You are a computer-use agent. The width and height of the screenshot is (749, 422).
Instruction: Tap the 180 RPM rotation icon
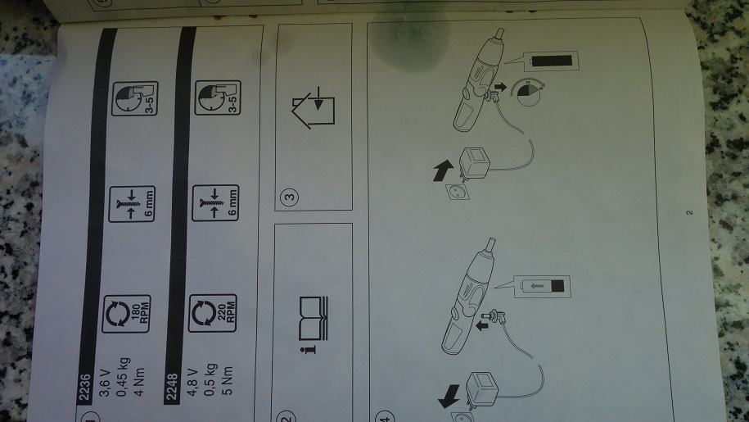[x=126, y=314]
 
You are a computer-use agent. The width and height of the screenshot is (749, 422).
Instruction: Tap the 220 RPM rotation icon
[x=213, y=313]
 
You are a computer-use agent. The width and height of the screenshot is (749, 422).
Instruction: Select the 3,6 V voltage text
[x=105, y=383]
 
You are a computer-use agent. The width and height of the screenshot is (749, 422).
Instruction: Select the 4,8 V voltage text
[x=192, y=383]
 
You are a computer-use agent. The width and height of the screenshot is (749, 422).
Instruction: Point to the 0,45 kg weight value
[x=122, y=377]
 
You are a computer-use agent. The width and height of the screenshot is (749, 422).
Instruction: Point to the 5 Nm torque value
[x=228, y=381]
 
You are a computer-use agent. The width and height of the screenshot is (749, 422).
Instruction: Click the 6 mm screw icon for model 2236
[x=132, y=204]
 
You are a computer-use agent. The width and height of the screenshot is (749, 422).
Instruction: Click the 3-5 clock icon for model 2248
[x=218, y=98]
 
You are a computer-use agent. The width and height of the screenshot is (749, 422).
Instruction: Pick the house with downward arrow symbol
[x=313, y=107]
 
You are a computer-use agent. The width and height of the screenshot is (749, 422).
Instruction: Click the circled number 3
[x=290, y=197]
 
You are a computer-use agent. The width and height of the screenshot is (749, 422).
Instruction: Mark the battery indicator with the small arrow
[x=541, y=286]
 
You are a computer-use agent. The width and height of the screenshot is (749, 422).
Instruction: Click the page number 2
[x=689, y=212]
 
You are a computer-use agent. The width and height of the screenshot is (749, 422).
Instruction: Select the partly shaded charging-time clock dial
[x=529, y=93]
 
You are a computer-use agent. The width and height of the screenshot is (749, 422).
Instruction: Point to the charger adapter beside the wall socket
[x=474, y=162]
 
